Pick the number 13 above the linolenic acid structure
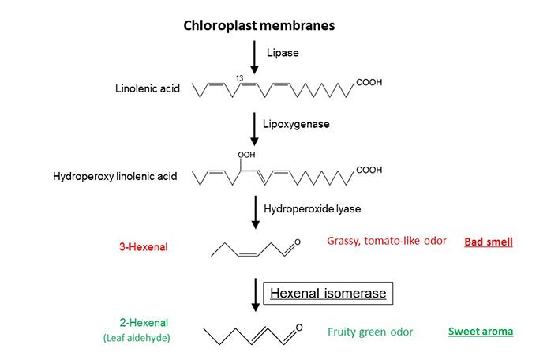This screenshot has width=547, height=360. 238,77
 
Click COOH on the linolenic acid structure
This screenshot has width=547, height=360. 370,82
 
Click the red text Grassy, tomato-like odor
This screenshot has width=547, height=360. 386,240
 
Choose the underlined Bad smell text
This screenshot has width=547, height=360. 488,242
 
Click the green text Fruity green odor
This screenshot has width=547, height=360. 371,332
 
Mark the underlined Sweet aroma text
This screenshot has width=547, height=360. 481,332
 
